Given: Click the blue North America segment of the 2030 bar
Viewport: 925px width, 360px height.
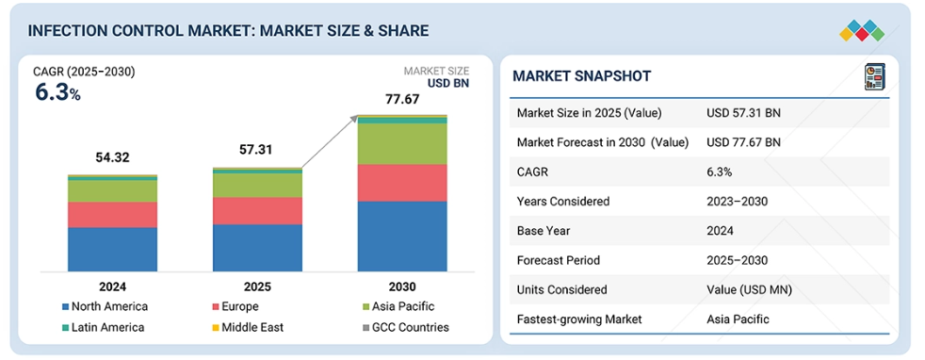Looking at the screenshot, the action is (402, 236).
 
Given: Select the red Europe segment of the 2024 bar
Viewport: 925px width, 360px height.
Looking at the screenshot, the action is (113, 215).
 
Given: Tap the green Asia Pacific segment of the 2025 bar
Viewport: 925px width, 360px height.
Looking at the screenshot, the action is (257, 186).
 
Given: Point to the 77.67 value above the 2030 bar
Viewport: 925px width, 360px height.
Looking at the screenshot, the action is (402, 99).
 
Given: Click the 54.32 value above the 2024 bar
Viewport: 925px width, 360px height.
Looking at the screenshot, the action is (113, 157).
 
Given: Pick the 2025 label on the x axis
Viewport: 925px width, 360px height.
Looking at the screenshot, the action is (257, 286).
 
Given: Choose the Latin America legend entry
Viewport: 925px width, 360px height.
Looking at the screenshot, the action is (103, 327).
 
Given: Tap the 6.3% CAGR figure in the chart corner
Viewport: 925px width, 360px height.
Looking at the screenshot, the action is (57, 92).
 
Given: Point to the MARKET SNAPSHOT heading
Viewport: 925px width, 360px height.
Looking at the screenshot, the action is (582, 75).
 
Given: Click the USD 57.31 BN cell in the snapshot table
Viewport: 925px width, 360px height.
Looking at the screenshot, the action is (743, 113).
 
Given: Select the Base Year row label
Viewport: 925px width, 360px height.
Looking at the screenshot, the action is (544, 231).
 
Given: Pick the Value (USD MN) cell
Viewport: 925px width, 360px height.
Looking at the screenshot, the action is (749, 289).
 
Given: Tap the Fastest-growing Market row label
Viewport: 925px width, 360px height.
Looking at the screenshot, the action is (579, 319).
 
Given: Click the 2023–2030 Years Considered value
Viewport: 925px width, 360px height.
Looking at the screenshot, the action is (738, 202).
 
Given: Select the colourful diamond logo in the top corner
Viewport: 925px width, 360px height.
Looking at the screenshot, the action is (862, 31).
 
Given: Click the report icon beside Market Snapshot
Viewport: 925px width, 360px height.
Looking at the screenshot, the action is (874, 76).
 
